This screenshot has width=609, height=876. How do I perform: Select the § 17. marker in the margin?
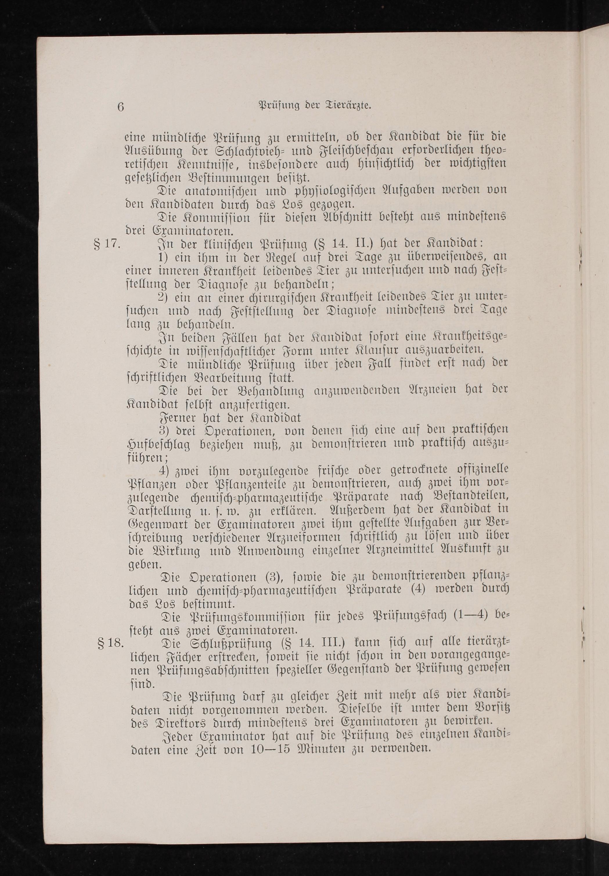coord(107,244)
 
